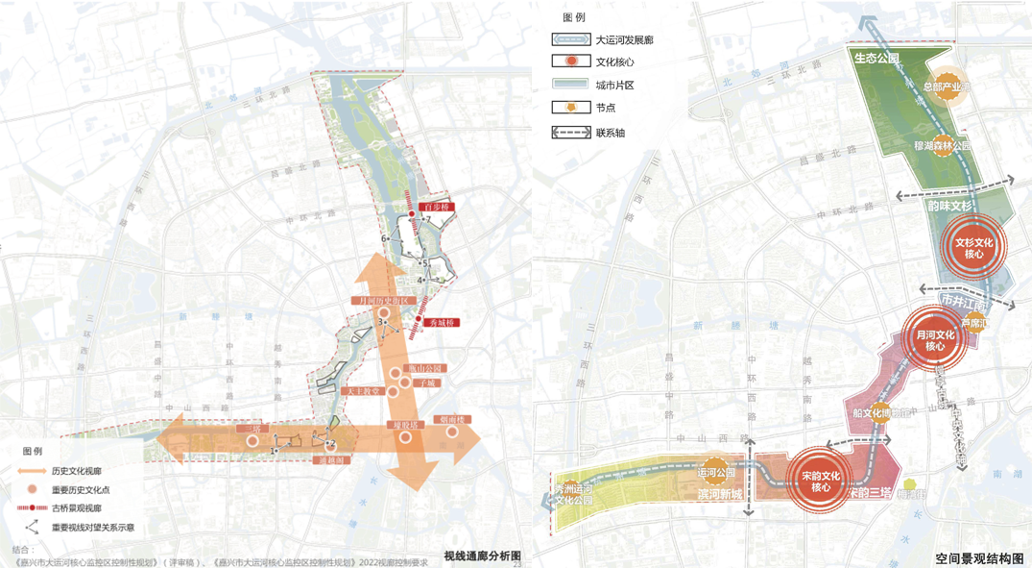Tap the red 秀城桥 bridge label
(x=442, y=324)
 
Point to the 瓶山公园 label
(x=424, y=368)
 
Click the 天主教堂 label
(x=365, y=391)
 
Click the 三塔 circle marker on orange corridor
(x=252, y=441)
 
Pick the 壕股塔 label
(x=403, y=424)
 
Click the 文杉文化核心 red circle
(x=974, y=248)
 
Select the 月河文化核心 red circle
(x=935, y=340)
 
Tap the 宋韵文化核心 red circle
(x=821, y=482)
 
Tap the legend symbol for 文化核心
(x=570, y=62)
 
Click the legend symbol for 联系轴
(x=570, y=132)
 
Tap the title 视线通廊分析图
(x=482, y=556)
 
